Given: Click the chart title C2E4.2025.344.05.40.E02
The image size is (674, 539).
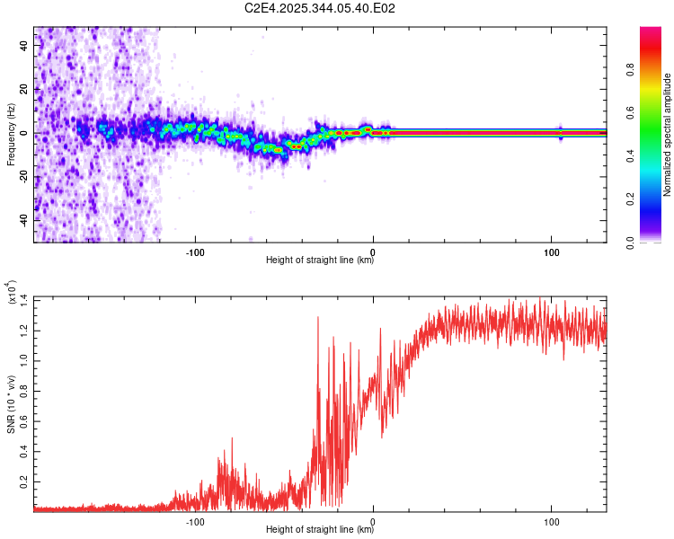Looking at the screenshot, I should (x=321, y=8).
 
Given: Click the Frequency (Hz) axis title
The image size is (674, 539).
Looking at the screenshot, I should (x=11, y=135).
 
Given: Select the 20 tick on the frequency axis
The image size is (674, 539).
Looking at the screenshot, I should (x=25, y=89).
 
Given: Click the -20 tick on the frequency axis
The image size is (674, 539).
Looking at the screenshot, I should (x=22, y=177).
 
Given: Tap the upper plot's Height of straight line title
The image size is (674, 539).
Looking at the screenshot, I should (x=320, y=261).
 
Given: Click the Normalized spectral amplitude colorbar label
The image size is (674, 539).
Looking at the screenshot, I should (x=668, y=135).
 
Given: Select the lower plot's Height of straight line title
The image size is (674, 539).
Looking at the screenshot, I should (x=320, y=530).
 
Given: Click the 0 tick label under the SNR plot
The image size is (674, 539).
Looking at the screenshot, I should (x=374, y=520).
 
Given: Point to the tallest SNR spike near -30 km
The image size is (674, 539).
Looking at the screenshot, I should (x=318, y=317).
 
